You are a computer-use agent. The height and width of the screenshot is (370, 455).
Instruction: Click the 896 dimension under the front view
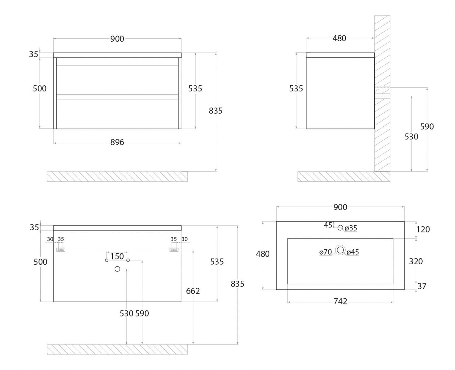click(x=117, y=142)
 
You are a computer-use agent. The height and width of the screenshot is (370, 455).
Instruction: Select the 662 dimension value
click(x=193, y=291)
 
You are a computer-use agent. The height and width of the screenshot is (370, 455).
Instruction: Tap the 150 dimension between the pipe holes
click(x=117, y=256)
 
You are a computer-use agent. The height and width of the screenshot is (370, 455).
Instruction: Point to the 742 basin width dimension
click(x=340, y=301)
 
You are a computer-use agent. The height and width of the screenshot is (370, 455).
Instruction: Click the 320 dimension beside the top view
click(x=416, y=261)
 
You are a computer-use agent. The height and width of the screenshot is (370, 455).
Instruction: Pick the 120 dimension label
click(x=423, y=229)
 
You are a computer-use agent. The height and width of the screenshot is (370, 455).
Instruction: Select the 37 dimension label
click(x=422, y=286)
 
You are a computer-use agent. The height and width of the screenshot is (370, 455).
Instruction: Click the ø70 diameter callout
click(x=325, y=252)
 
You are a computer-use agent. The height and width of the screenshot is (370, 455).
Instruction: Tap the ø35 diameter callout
click(x=351, y=228)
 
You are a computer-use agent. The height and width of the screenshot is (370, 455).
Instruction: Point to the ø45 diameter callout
click(x=353, y=252)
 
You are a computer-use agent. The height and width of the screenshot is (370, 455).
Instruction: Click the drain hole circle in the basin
click(x=340, y=250)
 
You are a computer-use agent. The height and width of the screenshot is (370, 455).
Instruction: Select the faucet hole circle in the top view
click(x=340, y=228)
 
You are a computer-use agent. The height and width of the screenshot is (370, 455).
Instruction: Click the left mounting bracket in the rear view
click(x=61, y=250)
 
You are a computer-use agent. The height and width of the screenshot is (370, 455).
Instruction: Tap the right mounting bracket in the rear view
click(x=174, y=250)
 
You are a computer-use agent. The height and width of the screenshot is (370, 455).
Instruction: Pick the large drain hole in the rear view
click(x=117, y=269)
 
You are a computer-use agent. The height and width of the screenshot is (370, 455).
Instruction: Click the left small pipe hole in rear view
click(x=106, y=260)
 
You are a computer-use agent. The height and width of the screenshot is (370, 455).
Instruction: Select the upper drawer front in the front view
click(x=117, y=80)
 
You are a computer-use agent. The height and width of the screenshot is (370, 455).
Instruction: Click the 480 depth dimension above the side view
click(x=339, y=38)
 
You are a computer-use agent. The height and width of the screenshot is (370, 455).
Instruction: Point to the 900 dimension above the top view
click(x=340, y=207)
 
